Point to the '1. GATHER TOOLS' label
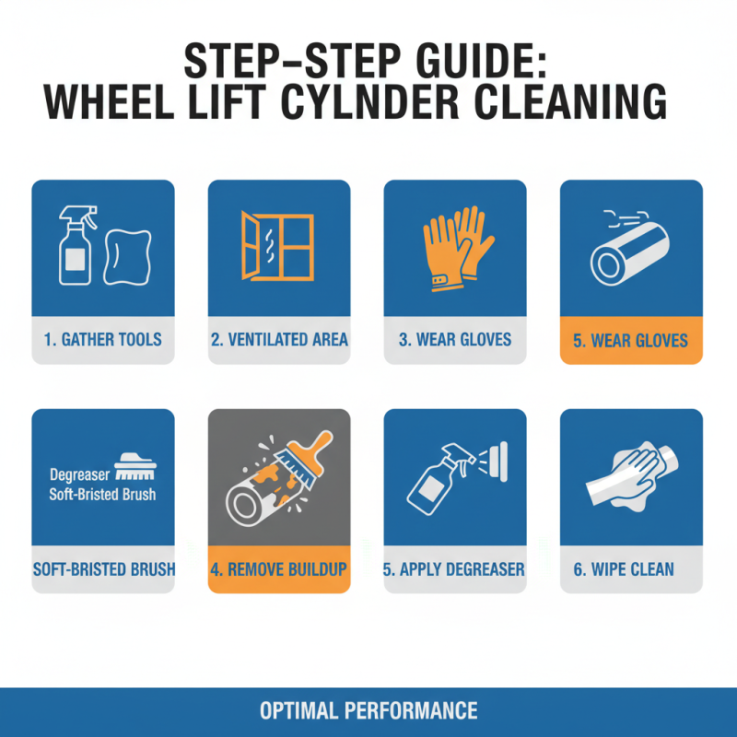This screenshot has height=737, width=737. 102,340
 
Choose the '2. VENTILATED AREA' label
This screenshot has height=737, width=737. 279,340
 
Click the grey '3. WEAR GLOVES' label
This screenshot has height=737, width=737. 455,340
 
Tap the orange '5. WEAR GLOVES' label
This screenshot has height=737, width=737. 631,341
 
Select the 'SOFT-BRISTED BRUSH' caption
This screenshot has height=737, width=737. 103,568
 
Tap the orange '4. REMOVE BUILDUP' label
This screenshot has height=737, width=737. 279,568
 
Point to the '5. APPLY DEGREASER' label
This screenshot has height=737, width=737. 455,568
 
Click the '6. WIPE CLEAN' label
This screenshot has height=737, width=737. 631,568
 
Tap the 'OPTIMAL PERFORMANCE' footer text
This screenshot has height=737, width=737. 368,711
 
